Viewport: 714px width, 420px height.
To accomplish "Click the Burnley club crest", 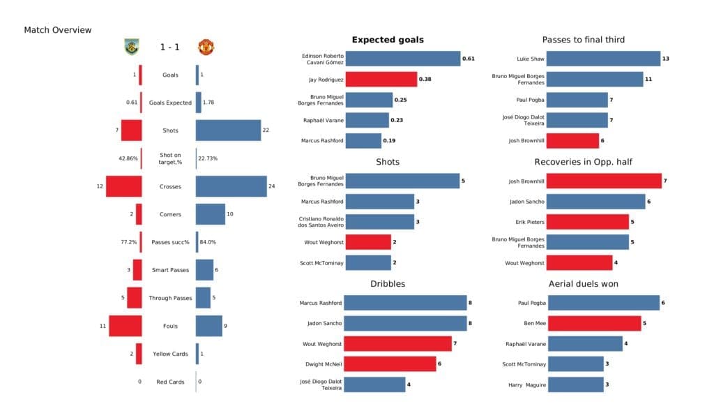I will point(131,47).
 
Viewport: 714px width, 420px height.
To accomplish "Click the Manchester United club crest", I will point(206,47).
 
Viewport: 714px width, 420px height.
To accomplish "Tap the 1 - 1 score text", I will point(170,47).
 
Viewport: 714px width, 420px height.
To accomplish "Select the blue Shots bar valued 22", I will point(228,130).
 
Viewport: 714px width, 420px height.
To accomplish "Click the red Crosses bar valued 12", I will point(124,186).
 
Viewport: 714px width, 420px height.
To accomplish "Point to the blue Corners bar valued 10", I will point(210,214).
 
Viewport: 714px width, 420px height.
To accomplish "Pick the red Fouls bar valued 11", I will point(126,326).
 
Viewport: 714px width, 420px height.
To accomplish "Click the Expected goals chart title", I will point(388,40).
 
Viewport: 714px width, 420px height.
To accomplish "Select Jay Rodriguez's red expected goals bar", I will point(381,80).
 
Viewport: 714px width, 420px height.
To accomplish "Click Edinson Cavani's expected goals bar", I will point(402,59).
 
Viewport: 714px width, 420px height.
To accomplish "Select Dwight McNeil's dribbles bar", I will point(390,363).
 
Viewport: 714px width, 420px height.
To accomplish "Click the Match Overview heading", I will point(58,30).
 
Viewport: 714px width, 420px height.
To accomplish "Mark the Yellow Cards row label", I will point(170,354).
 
